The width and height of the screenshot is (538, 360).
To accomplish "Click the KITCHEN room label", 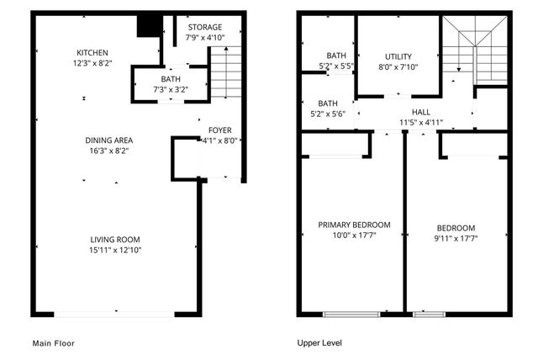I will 92,52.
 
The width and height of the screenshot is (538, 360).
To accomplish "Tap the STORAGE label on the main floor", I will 205,27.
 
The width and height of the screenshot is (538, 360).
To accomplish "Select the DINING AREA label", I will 109,140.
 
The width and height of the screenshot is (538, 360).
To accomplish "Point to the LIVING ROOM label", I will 114,240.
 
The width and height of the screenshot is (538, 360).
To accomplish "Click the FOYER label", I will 220,130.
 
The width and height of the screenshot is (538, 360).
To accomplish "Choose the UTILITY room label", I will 398,56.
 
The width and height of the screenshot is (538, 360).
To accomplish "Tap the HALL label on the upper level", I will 421,112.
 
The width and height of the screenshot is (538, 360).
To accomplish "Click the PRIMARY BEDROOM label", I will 354,225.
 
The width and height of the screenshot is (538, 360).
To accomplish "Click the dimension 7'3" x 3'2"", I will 171,89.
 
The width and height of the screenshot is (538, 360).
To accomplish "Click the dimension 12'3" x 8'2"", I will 92,62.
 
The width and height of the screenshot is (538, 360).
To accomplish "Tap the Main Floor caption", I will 54,343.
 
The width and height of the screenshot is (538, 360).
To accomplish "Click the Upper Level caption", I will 320,343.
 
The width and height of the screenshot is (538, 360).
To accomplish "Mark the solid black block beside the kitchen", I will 149,26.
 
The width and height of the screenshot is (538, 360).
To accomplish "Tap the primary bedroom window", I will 345,314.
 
